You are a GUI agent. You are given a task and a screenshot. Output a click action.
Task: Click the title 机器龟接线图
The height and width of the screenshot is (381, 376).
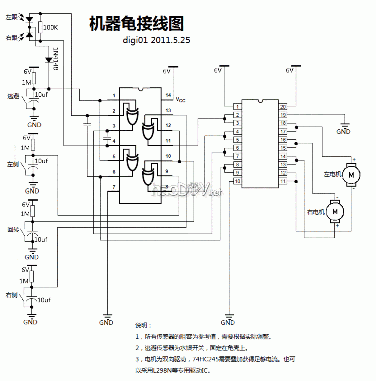(x=136, y=23)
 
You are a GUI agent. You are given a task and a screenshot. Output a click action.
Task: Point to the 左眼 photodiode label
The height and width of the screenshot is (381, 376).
(x=12, y=17)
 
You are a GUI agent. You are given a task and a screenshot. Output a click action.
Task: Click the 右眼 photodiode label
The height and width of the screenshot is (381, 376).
(x=12, y=37)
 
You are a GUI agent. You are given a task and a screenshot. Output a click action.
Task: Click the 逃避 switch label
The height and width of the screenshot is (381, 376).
(x=13, y=96)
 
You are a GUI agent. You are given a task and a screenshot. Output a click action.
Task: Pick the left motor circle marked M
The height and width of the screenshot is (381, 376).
(x=351, y=174)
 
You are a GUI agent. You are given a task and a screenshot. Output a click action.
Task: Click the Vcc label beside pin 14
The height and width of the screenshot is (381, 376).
(x=180, y=100)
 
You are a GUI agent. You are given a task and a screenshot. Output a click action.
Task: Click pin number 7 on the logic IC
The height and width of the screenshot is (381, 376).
(x=114, y=187)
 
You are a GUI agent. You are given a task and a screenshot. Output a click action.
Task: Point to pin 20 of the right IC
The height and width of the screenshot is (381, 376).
(x=283, y=106)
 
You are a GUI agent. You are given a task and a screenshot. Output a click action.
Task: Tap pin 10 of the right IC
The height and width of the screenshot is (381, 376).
(x=237, y=181)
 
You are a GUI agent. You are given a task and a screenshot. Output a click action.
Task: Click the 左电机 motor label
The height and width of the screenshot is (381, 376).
(x=332, y=174)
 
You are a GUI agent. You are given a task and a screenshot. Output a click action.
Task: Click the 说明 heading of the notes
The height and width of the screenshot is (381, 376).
(x=143, y=325)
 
